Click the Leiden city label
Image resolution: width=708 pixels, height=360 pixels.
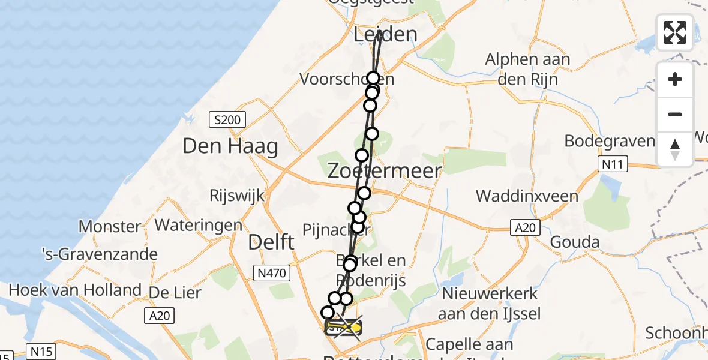click(385, 34)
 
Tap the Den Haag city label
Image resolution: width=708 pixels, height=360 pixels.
click(230, 146)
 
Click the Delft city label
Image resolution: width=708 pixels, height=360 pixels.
click(271, 243)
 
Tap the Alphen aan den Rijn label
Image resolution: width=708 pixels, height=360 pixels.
click(527, 69)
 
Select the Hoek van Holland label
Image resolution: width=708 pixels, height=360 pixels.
click(75, 290)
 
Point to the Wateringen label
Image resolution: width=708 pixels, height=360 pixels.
click(199, 226)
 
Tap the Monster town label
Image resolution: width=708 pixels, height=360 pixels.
click(110, 227)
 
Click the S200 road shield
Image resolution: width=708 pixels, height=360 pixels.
click(228, 120)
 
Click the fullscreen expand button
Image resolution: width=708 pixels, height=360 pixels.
click(674, 32)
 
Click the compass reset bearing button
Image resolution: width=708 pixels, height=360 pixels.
click(674, 149)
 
